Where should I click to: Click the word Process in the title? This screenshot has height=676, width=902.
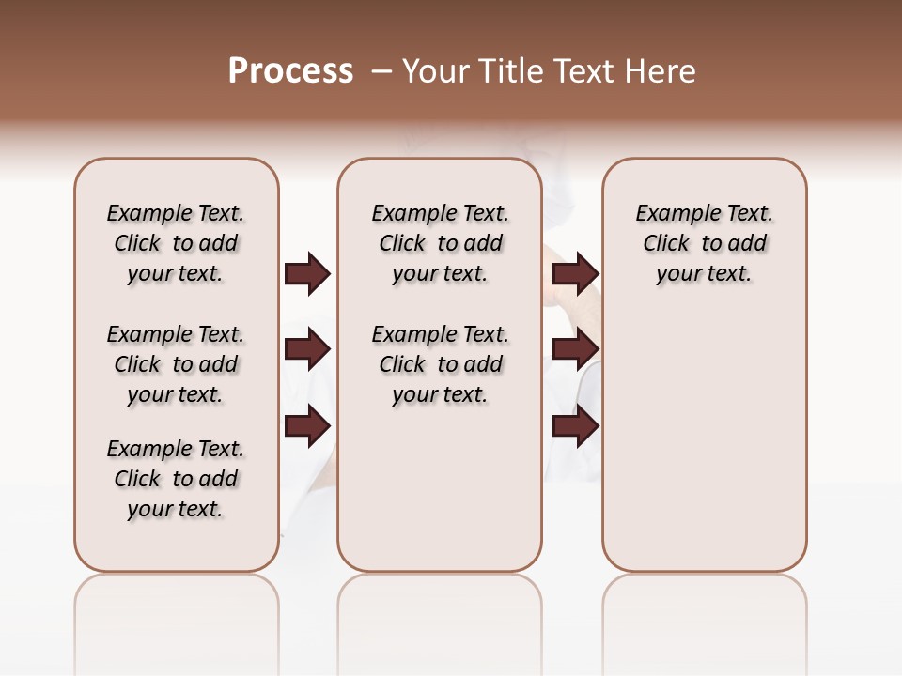point(290,71)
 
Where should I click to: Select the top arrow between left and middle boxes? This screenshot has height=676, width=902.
point(307,273)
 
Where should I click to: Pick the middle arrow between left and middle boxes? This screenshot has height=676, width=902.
point(307,349)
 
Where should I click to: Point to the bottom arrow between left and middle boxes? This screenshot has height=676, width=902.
point(307,426)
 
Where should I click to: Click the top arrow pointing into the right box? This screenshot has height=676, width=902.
point(575,273)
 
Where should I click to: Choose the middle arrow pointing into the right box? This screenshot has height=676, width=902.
point(575,349)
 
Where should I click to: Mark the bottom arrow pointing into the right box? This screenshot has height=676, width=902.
point(575,426)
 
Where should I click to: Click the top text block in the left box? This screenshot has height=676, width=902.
point(176,243)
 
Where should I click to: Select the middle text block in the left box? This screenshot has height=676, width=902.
point(176,364)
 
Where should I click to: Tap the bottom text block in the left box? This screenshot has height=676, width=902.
point(176,479)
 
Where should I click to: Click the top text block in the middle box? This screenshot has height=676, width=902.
point(440,243)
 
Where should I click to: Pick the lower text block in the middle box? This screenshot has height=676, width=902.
point(440,364)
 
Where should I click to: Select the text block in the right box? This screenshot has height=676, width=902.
point(704,243)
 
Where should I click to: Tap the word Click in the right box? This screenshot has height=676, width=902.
point(666,243)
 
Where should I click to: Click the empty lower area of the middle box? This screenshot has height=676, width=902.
point(440,488)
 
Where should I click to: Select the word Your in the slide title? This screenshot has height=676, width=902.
point(435,71)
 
